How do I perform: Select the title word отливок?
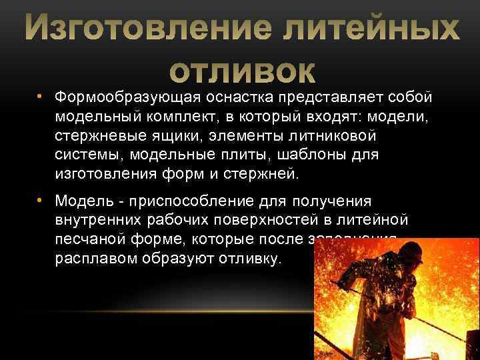[x=241, y=69]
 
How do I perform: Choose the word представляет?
[x=334, y=97]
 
